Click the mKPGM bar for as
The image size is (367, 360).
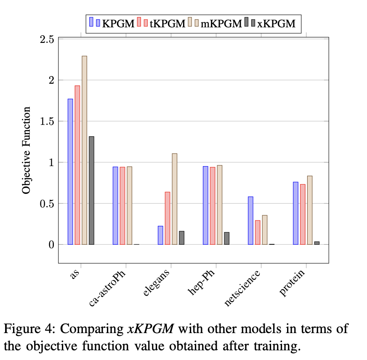(x=85, y=150)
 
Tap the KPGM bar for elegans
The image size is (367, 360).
(x=160, y=235)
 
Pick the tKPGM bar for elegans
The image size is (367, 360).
(x=168, y=218)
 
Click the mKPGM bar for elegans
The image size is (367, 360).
(x=174, y=199)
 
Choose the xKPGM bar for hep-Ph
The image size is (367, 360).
(x=226, y=238)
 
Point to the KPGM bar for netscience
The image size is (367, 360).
(x=250, y=220)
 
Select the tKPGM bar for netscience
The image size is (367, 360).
(x=258, y=232)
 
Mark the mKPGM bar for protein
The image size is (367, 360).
(x=310, y=210)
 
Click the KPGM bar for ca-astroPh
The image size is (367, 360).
(x=115, y=205)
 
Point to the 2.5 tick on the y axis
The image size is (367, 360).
(x=47, y=40)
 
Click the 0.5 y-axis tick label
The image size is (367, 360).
(x=47, y=204)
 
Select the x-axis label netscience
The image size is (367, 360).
(x=243, y=289)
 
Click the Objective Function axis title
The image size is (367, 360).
(x=27, y=150)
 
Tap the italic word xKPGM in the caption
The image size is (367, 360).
(x=150, y=328)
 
